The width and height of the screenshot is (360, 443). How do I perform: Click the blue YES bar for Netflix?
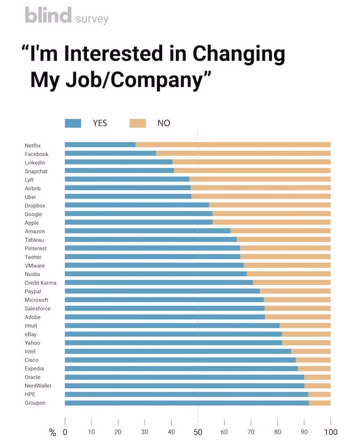click(x=100, y=145)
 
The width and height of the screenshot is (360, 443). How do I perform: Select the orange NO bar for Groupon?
click(x=320, y=403)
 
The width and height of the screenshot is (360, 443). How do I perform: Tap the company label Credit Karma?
click(x=40, y=283)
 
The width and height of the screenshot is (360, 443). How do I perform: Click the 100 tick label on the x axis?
click(x=330, y=432)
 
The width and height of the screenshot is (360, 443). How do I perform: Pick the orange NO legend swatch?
click(x=138, y=123)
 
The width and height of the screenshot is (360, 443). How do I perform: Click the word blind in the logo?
click(x=48, y=16)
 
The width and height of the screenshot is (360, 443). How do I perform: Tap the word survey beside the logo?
click(x=91, y=19)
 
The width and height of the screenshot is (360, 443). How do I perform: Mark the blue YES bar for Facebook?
click(x=110, y=153)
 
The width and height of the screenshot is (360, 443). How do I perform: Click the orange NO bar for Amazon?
click(x=280, y=231)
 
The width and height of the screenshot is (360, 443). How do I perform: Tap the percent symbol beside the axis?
click(x=52, y=432)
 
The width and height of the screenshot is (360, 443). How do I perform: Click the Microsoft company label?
click(x=37, y=300)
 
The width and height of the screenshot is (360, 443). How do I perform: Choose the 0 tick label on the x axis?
click(x=65, y=432)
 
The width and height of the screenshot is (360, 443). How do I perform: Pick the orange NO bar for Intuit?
click(x=305, y=325)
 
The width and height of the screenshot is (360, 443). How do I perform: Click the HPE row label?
click(x=30, y=395)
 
